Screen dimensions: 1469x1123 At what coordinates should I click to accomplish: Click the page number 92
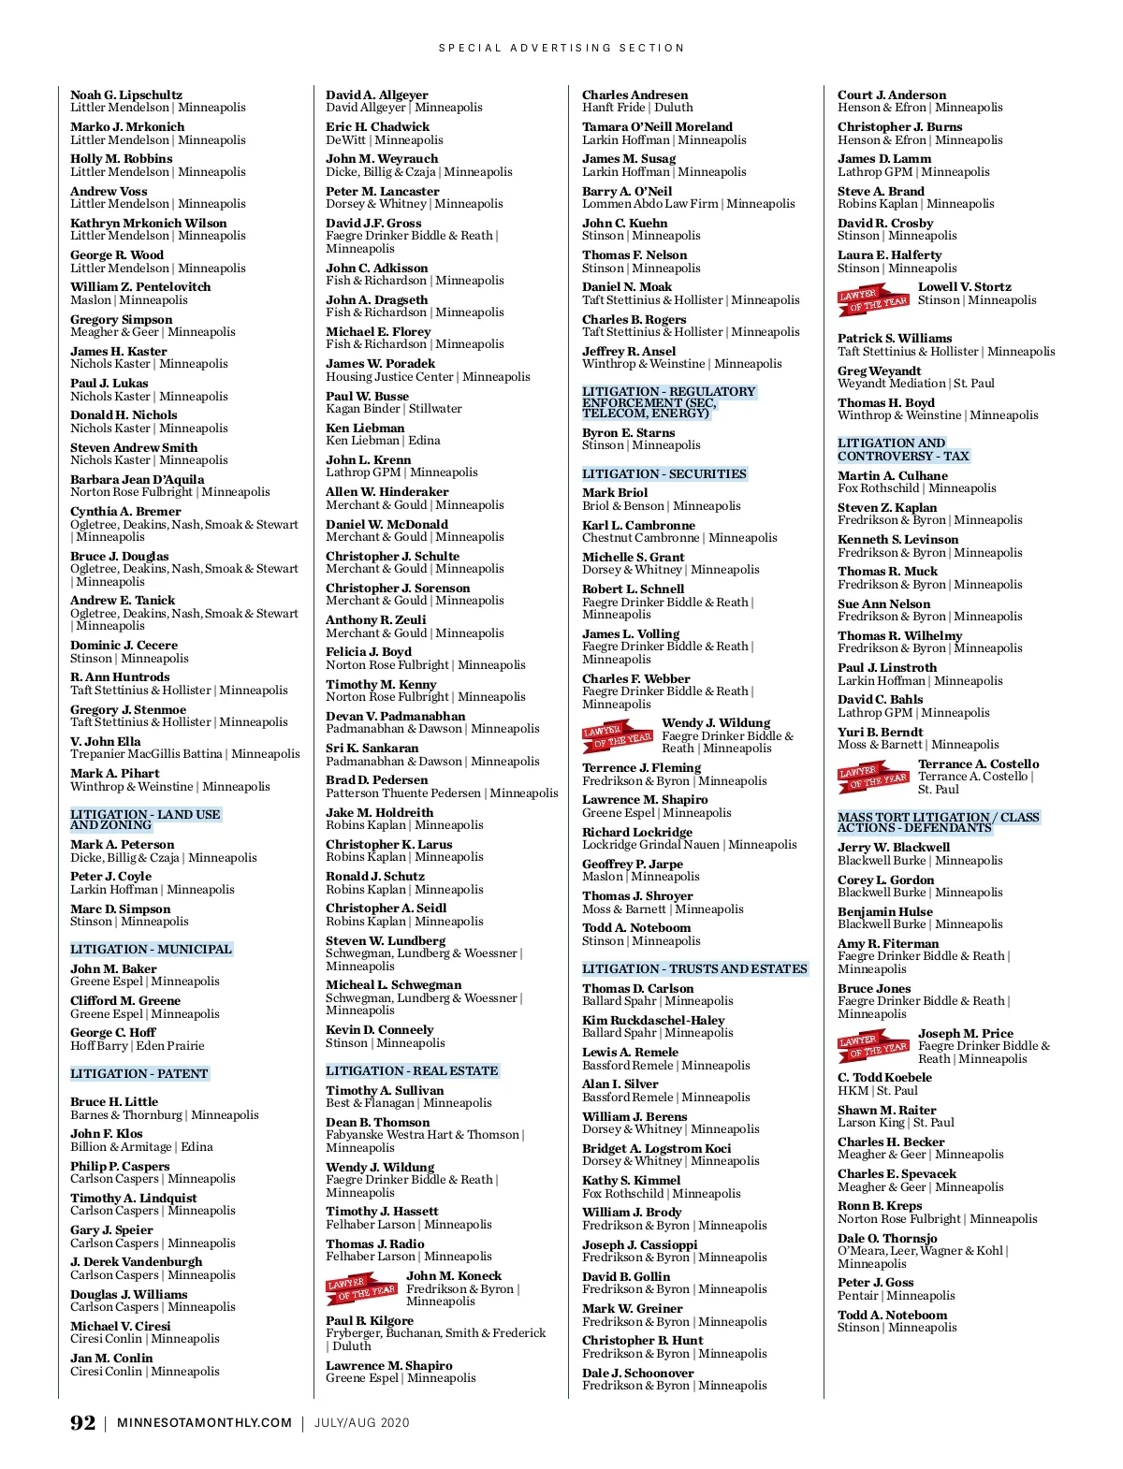click(x=82, y=1422)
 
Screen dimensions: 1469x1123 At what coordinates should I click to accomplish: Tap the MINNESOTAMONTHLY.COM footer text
click(x=204, y=1423)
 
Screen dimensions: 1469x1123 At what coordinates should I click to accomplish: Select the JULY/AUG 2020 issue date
click(x=361, y=1423)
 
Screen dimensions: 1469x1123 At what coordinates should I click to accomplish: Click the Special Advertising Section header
click(x=561, y=48)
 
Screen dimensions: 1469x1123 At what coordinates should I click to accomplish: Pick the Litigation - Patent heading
click(x=139, y=1073)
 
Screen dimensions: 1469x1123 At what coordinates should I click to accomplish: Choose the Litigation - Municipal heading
click(x=151, y=949)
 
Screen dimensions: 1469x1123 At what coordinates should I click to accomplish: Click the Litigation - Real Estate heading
click(x=412, y=1070)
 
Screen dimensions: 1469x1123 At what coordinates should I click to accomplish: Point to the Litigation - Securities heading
click(x=664, y=474)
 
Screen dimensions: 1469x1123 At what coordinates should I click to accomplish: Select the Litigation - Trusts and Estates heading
click(x=694, y=968)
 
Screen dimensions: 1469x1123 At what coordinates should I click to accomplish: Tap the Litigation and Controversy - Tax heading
click(x=903, y=450)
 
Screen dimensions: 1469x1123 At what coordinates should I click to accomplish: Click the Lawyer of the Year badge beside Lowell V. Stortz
click(x=873, y=299)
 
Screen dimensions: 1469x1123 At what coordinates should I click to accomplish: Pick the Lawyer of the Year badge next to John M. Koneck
click(x=361, y=1288)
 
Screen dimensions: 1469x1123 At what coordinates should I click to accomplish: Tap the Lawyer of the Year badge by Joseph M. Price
click(x=873, y=1046)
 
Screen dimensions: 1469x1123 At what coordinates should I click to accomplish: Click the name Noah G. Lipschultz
click(x=126, y=95)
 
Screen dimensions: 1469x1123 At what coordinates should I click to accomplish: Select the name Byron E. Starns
click(x=628, y=432)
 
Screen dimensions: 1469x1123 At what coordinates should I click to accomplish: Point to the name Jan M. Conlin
click(x=111, y=1358)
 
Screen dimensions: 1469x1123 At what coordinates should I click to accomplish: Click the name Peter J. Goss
click(x=875, y=1282)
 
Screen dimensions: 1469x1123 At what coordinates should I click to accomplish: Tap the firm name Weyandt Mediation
click(x=891, y=384)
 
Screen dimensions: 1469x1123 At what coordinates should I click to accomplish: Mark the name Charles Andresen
click(x=634, y=95)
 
